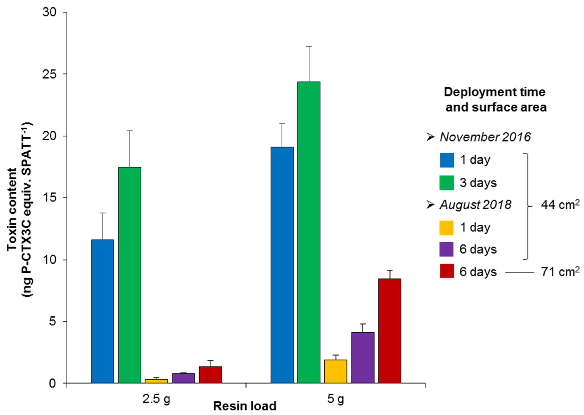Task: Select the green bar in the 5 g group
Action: [309, 232]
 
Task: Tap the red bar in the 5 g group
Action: [389, 331]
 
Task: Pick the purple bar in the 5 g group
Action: [363, 358]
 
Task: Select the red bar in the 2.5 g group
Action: [210, 375]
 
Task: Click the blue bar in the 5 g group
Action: [282, 265]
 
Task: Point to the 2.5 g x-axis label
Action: [156, 399]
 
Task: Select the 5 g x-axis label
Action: [335, 399]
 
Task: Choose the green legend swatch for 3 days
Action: [447, 183]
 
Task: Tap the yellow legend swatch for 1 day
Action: [446, 227]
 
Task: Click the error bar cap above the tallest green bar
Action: [309, 47]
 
